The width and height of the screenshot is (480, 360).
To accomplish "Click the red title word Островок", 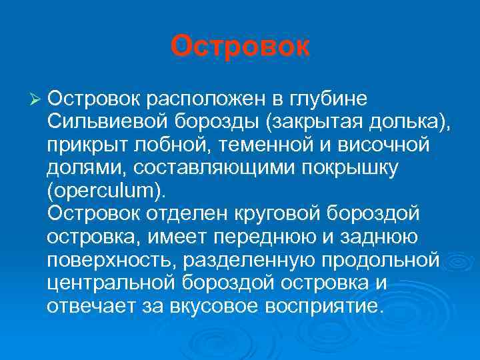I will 240,46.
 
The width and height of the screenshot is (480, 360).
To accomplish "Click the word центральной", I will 110,282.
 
